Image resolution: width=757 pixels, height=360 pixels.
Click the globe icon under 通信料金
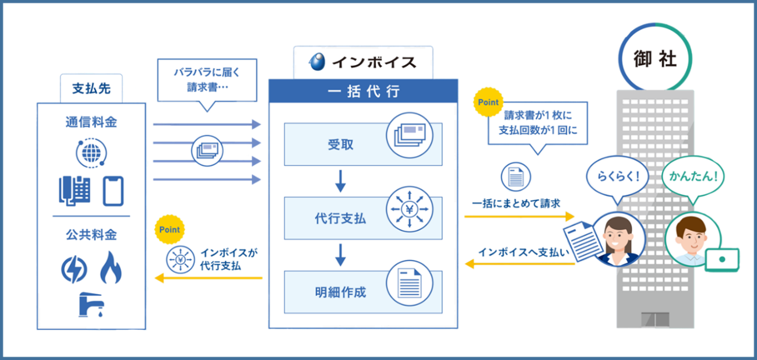pyautogui.click(x=91, y=153)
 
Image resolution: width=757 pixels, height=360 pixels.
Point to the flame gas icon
pyautogui.click(x=111, y=267)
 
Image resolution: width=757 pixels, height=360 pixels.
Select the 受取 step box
pyautogui.click(x=362, y=144)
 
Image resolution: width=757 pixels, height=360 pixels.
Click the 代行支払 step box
pyautogui.click(x=362, y=218)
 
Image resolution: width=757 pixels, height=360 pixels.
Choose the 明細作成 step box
pyautogui.click(x=362, y=292)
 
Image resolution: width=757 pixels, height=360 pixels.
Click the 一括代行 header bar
pyautogui.click(x=362, y=91)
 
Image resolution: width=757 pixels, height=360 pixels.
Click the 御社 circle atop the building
pyautogui.click(x=655, y=59)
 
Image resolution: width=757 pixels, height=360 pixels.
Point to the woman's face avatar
pyautogui.click(x=618, y=237)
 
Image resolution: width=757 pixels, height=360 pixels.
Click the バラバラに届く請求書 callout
pyautogui.click(x=206, y=80)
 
